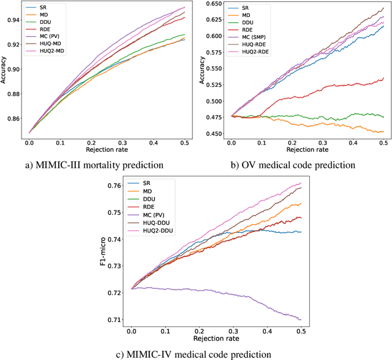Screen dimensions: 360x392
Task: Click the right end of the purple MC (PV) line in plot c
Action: [301, 319]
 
